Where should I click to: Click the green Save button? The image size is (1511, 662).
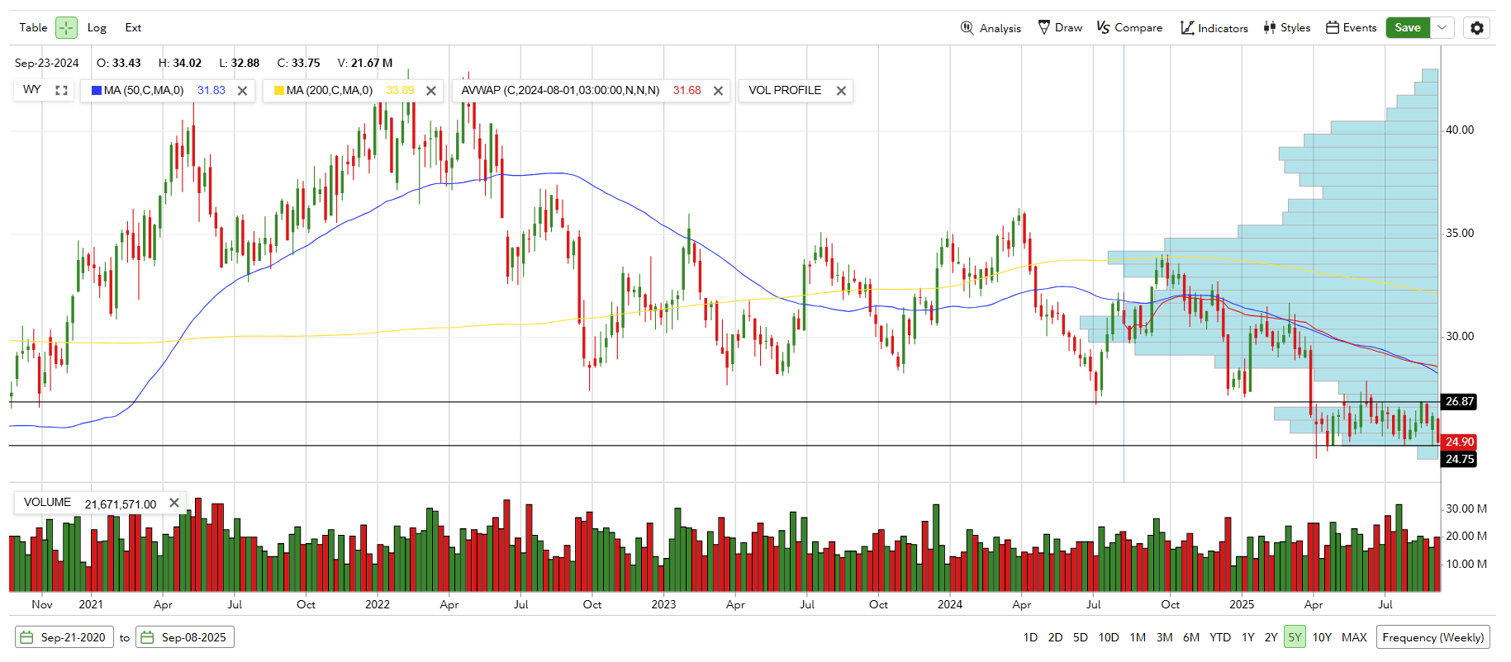[x=1407, y=27]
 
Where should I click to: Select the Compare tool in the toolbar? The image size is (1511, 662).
[x=1129, y=28]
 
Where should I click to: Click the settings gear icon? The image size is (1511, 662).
[x=1476, y=28]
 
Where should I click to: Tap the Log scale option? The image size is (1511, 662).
[x=97, y=28]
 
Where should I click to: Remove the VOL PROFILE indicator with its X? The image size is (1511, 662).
[x=841, y=91]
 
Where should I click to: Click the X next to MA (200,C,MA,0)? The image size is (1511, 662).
[x=431, y=91]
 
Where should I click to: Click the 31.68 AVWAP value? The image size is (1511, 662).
[x=687, y=91]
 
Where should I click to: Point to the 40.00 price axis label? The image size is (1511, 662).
[x=1460, y=130]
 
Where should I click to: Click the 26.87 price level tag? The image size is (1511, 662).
[x=1459, y=402]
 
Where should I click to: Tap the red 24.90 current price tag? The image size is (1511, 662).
[x=1460, y=442]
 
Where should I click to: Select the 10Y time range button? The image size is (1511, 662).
[x=1322, y=637]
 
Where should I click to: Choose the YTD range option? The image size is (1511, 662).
[x=1220, y=637]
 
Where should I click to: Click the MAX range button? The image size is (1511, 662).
[x=1354, y=637]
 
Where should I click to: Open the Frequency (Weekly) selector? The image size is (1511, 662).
[x=1433, y=637]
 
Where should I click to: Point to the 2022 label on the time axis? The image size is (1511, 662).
[x=378, y=604]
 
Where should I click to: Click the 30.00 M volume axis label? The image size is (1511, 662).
[x=1466, y=508]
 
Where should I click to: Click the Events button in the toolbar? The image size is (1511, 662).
[x=1351, y=28]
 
